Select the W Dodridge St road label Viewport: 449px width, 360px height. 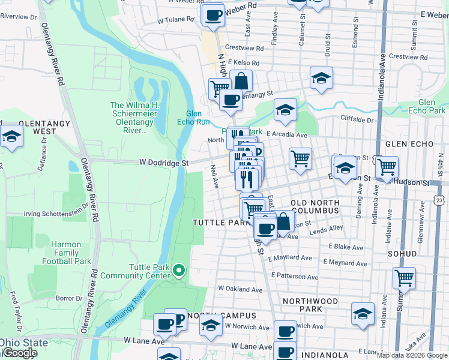point(164,163)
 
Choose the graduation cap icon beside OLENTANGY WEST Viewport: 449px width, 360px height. point(11,137)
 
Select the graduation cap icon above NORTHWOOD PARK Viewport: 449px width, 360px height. point(362,314)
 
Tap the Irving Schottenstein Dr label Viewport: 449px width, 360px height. point(56,214)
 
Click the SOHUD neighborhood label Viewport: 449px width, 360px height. point(402,254)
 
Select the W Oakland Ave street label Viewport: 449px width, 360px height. point(240,289)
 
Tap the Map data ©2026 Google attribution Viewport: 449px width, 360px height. point(411,355)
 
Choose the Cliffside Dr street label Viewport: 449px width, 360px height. point(357,119)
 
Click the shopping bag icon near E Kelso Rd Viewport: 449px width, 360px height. point(241,80)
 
